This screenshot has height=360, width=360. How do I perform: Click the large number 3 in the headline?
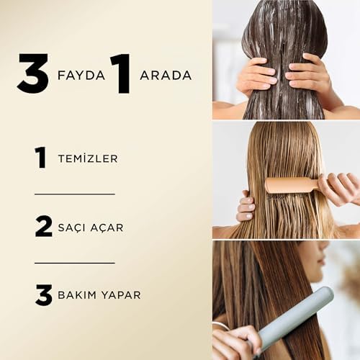point(33,73)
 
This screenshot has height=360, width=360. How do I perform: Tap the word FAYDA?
point(81,76)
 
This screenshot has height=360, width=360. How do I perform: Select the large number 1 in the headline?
point(122,73)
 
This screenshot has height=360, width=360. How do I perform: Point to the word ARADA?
point(166,76)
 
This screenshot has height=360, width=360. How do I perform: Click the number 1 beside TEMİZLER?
point(40,158)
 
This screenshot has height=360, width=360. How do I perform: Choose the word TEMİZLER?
point(88,158)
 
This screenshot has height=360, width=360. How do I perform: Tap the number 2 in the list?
point(43,226)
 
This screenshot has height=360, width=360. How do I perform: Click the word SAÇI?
point(72,228)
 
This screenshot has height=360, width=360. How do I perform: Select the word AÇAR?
point(107,228)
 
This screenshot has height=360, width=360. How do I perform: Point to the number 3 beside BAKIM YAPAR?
point(44,295)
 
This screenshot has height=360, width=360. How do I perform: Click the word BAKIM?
point(76,295)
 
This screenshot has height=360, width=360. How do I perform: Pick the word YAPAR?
point(121,295)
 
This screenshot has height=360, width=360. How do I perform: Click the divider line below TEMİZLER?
point(75,194)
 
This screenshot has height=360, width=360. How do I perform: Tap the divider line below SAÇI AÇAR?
point(75,263)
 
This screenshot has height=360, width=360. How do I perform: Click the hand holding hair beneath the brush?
point(246,206)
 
